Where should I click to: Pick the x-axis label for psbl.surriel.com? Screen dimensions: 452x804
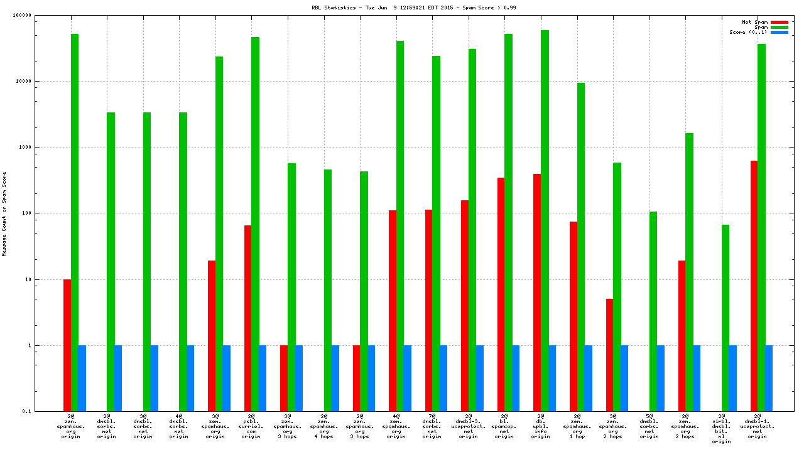coord(251,426)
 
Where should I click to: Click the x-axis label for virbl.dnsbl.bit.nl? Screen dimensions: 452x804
coord(722,428)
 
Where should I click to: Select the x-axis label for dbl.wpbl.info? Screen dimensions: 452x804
coord(540,426)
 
